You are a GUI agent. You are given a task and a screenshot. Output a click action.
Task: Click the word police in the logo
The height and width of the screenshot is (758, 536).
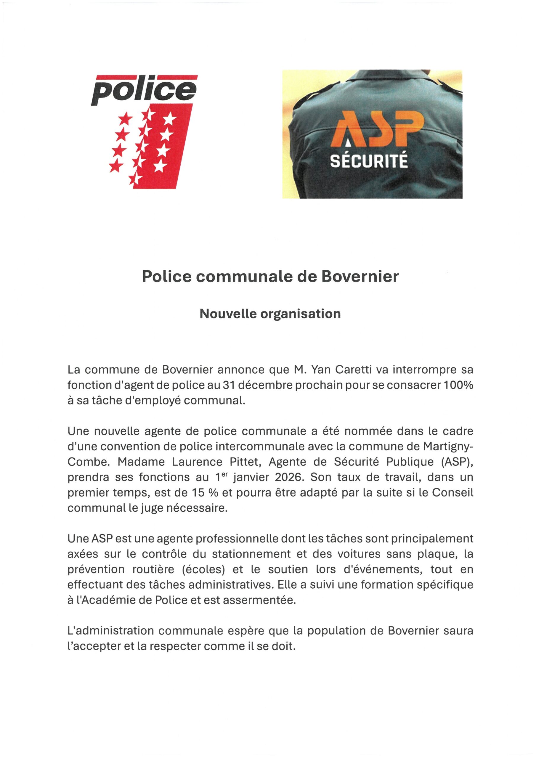144,90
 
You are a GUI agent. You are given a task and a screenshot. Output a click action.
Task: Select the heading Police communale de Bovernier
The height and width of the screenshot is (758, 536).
270,277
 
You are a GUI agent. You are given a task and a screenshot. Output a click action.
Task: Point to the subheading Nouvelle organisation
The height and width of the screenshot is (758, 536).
270,314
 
